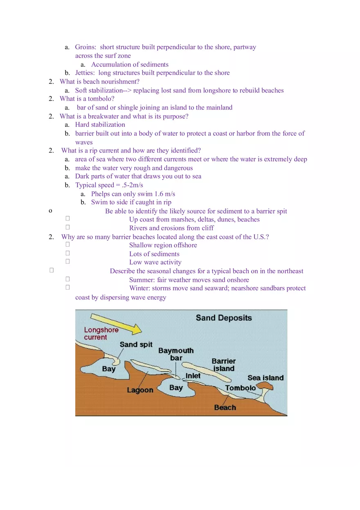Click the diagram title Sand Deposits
(224, 318)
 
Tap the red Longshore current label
(101, 333)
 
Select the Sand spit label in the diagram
(136, 344)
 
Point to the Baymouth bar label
(176, 354)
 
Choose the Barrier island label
(223, 365)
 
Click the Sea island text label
(265, 378)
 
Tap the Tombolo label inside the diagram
(240, 388)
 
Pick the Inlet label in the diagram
(193, 375)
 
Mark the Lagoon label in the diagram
(140, 390)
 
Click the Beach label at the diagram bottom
(225, 407)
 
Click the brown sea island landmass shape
(266, 386)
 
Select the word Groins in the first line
(85, 47)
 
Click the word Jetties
(85, 73)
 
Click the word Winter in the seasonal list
(139, 288)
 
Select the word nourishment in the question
(117, 82)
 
